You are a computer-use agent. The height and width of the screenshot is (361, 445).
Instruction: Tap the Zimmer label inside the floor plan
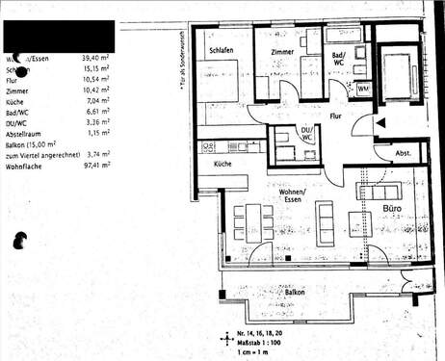[x=281, y=51]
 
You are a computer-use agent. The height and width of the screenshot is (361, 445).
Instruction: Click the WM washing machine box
[x=363, y=90]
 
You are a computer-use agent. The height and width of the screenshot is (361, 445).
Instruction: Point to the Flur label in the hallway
[x=336, y=116]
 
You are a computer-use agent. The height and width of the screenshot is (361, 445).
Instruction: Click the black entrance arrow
[x=380, y=122]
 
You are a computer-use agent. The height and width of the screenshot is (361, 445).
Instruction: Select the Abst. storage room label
[x=403, y=153]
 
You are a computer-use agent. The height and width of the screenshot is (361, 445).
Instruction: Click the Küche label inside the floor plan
[x=222, y=165]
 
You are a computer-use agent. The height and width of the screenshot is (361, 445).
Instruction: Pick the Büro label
[x=392, y=208]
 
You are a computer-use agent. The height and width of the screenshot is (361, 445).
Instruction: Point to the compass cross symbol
[x=227, y=339]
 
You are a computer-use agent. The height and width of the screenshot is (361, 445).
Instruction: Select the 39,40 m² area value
[x=97, y=59]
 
